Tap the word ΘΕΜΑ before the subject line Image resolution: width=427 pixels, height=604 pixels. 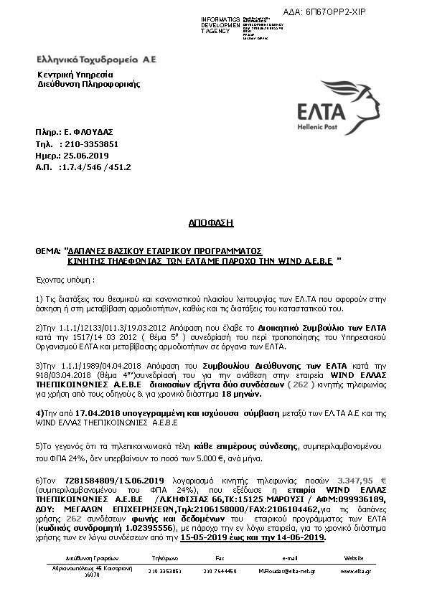coord(48,252)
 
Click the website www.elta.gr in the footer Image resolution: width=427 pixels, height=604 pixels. coord(353,571)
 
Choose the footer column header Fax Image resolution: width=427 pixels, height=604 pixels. coord(220,557)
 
